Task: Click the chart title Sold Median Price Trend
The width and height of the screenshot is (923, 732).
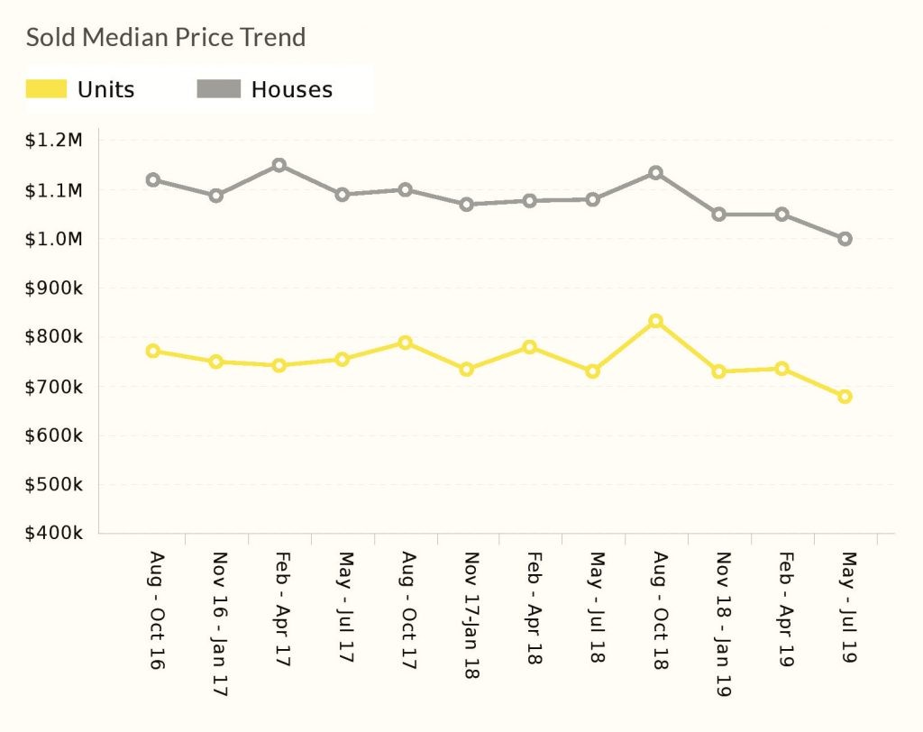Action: pyautogui.click(x=166, y=38)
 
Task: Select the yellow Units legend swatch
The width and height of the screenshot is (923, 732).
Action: pyautogui.click(x=46, y=88)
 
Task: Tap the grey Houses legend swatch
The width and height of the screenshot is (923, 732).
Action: pyautogui.click(x=219, y=88)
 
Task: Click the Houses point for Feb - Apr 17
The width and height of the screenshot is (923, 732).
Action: pyautogui.click(x=279, y=165)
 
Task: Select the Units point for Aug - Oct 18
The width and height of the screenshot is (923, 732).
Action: pyautogui.click(x=656, y=321)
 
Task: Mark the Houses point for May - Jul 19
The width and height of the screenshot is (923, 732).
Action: pyautogui.click(x=845, y=239)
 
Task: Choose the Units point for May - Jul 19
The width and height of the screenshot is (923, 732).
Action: pyautogui.click(x=845, y=397)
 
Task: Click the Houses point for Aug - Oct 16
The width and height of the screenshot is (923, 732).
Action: pyautogui.click(x=153, y=179)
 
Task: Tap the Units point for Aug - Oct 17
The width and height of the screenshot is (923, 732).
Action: pyautogui.click(x=405, y=343)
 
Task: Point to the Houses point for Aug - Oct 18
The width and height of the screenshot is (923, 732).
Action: pyautogui.click(x=656, y=172)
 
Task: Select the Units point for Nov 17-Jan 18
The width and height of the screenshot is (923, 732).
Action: pyautogui.click(x=467, y=369)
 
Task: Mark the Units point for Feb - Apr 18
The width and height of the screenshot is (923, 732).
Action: pyautogui.click(x=530, y=347)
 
